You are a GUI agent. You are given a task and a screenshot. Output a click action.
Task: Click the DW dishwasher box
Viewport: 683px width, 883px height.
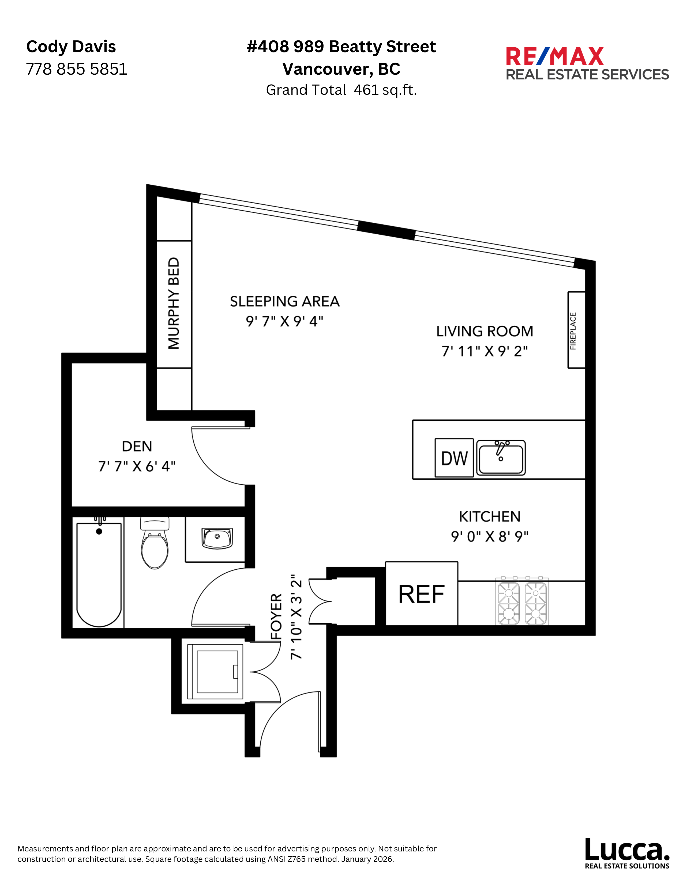click(x=454, y=458)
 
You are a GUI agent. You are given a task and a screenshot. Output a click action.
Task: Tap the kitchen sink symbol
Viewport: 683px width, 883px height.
click(x=501, y=458)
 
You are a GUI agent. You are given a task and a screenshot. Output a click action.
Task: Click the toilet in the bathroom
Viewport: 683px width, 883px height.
click(x=155, y=544)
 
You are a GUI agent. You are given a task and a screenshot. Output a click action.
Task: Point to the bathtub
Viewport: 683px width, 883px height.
click(x=99, y=574)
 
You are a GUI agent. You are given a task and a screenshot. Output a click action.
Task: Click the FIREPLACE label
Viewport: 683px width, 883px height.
click(x=573, y=331)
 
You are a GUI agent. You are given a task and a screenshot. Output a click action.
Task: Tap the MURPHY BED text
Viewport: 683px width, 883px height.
click(x=174, y=303)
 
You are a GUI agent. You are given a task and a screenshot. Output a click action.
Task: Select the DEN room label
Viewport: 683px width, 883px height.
click(x=137, y=446)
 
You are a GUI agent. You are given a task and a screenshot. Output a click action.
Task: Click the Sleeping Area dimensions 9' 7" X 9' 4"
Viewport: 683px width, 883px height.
click(x=284, y=321)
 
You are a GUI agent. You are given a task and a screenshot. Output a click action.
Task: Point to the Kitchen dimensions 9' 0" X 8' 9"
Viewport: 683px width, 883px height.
click(x=490, y=536)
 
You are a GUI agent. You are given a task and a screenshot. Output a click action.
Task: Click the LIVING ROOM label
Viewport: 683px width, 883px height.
click(x=484, y=331)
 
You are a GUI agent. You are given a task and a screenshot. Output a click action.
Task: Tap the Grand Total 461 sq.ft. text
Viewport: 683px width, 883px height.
click(x=341, y=90)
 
